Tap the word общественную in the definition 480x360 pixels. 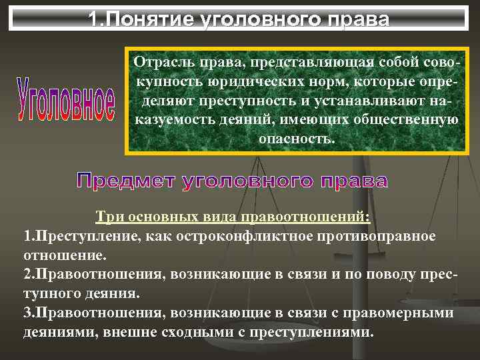tap(411, 120)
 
